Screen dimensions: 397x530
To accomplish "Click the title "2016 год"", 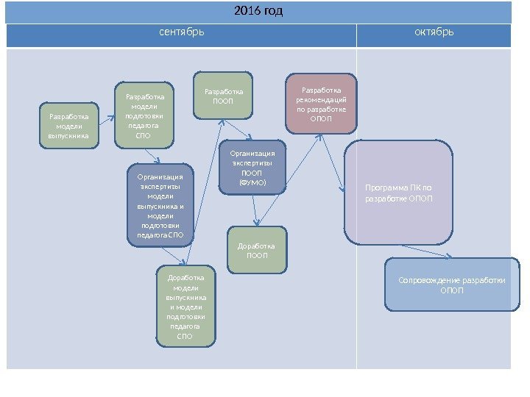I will [258, 12].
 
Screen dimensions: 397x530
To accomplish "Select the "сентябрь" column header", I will [182, 32].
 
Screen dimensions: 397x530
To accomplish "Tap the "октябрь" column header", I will [434, 32].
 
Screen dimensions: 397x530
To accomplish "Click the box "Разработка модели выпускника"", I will [68, 126].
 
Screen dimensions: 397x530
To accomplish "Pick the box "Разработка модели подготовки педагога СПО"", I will [144, 115].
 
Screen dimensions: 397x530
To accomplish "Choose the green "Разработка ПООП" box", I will [223, 96].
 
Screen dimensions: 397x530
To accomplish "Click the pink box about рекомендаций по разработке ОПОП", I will [321, 104].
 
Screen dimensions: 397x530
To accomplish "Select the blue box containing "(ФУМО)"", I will [252, 168].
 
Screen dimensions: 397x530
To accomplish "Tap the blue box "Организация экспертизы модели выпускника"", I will [160, 205].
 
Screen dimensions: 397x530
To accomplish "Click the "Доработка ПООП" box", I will [257, 251].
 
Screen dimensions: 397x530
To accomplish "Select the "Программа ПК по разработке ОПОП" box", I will [399, 193].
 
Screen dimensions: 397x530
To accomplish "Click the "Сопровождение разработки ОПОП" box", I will [452, 285].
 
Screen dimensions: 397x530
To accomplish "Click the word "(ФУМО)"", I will [252, 182].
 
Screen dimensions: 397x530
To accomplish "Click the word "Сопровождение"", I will [425, 280].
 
